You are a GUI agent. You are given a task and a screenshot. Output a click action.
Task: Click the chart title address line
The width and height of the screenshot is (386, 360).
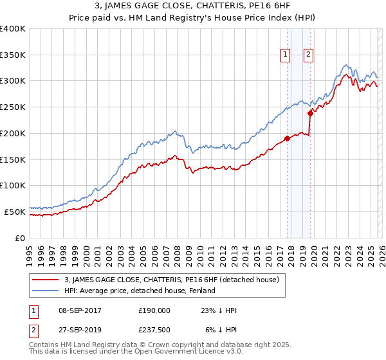[x=193, y=7]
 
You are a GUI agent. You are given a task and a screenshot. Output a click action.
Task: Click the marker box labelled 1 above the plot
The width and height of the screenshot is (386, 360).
[x=285, y=55]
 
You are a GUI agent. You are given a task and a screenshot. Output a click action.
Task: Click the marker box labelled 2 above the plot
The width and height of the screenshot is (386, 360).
[x=309, y=55]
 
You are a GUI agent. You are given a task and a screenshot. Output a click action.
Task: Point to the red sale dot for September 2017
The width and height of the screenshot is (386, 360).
[x=287, y=138]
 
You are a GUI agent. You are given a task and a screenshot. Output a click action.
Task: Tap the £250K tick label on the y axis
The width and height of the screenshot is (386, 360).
[x=13, y=107]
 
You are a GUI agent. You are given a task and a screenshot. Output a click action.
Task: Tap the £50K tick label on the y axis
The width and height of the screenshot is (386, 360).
[x=15, y=212]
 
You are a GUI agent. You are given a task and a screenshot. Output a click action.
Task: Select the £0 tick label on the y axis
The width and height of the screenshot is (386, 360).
[x=20, y=238]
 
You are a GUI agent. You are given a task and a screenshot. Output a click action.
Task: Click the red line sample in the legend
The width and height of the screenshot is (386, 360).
[x=45, y=280]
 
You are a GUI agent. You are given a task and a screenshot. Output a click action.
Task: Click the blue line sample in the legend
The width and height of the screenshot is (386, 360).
[x=45, y=291]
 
